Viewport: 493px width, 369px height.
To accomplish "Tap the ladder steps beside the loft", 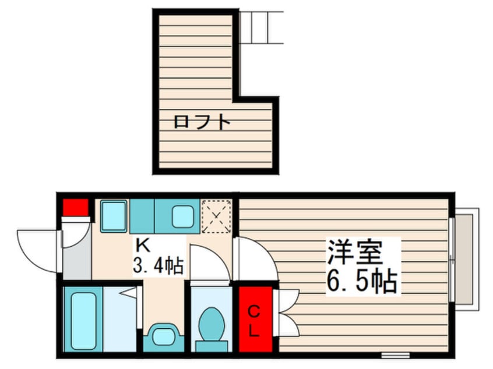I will point(261,27).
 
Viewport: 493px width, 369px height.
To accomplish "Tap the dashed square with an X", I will point(216,217).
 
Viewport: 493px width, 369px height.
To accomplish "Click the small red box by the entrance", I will point(75,207).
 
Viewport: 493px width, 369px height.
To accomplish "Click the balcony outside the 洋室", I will point(466,258).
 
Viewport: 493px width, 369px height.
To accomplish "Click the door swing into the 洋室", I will point(255,259).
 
